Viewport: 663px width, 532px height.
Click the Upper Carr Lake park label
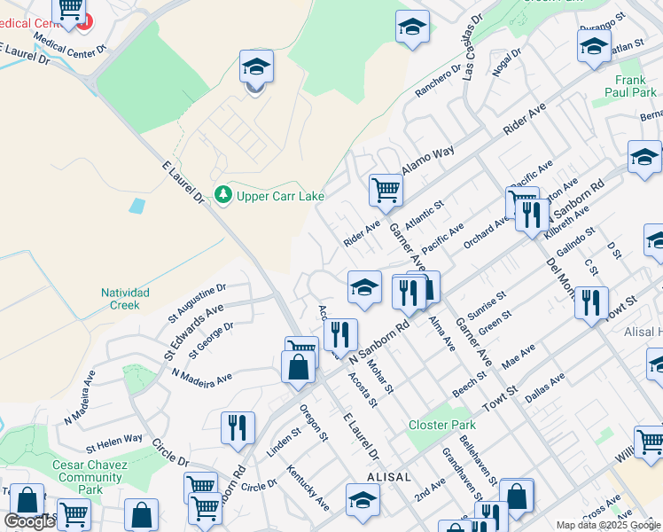point(280,196)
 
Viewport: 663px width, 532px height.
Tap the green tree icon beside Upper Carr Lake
point(223,194)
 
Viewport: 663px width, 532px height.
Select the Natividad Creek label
point(125,299)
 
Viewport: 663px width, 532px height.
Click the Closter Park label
point(442,426)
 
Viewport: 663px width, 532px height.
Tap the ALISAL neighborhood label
point(387,477)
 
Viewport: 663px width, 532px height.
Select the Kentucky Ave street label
point(308,487)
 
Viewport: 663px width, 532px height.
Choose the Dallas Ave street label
point(544,387)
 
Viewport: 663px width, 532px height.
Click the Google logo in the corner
point(29,521)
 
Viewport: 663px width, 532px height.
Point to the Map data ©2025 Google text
point(607,525)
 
